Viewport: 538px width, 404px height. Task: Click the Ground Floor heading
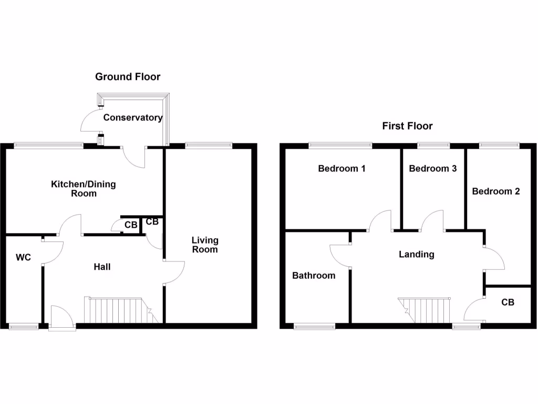128,77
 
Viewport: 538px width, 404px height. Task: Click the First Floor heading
407,126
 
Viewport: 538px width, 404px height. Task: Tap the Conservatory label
132,118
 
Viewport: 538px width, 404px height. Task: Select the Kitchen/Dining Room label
83,189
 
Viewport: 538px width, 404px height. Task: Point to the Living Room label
205,245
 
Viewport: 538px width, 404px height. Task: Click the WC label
24,257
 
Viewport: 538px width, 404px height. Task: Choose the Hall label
102,267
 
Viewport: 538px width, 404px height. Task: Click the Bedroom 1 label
342,169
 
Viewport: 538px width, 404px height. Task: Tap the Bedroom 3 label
432,169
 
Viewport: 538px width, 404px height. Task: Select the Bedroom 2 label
495,191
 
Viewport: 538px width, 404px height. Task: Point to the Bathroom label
314,276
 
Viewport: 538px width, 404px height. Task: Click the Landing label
417,255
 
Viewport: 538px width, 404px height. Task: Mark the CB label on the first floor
508,302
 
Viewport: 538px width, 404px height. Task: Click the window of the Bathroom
315,326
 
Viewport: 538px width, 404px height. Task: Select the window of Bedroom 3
434,145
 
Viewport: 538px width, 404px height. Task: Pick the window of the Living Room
209,145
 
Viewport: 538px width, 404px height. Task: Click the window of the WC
24,326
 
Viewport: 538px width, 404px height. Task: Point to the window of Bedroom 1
340,145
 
